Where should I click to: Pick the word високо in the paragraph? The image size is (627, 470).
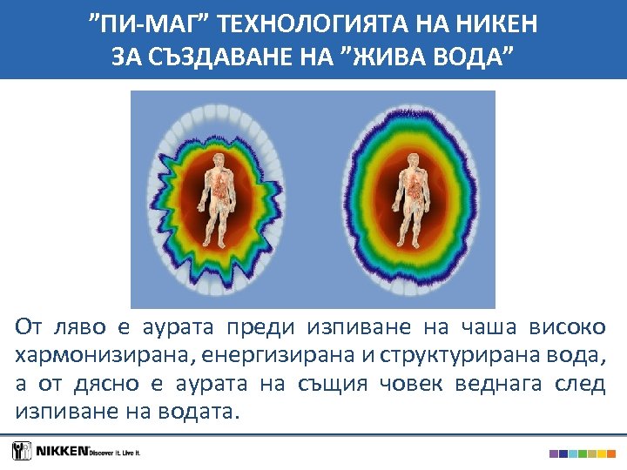pos(574,328)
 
